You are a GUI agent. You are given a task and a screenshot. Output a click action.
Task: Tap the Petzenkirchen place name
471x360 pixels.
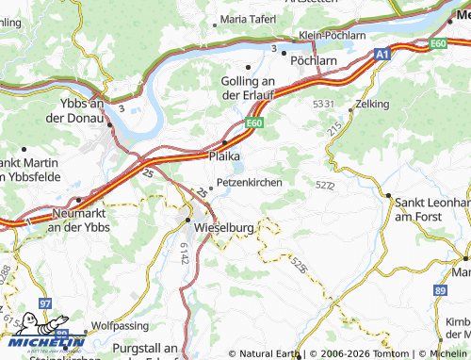[250, 182]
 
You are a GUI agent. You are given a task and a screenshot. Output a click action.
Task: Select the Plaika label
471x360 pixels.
[223, 155]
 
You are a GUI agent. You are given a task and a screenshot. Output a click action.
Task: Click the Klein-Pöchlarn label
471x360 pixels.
[332, 35]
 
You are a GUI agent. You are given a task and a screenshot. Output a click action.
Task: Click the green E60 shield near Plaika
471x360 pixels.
[255, 123]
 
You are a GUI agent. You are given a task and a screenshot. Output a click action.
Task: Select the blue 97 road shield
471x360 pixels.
[46, 303]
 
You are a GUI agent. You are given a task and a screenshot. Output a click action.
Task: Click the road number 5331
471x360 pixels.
[324, 102]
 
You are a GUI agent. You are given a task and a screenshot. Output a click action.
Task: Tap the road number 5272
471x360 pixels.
[326, 186]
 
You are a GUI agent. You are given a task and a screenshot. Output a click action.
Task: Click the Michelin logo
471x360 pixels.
[43, 341]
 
